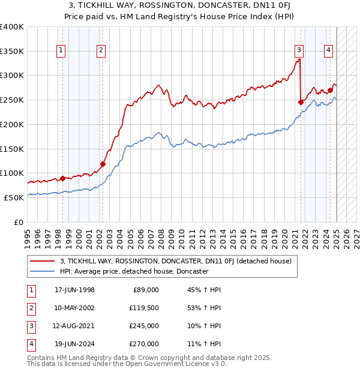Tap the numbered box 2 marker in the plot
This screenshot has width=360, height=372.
[101, 51]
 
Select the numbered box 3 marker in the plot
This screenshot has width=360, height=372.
[299, 51]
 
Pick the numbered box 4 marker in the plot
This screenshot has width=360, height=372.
[329, 51]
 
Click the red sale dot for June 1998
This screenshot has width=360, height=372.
[63, 178]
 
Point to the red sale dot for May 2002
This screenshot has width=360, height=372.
[103, 164]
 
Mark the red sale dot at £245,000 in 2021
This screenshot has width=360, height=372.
[301, 102]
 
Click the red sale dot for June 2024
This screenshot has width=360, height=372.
[331, 90]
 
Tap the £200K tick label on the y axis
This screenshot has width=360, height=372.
[12, 124]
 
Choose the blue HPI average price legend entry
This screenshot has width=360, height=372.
[134, 271]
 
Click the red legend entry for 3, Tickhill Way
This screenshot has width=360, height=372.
[176, 261]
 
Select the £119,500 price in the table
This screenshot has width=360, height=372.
[145, 308]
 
